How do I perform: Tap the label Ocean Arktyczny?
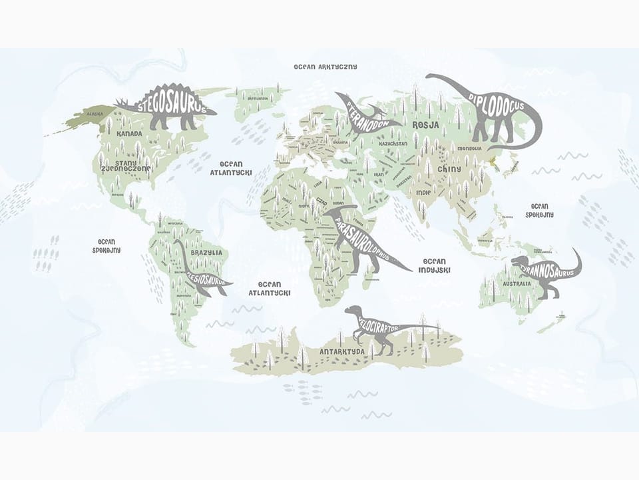click(x=325, y=67)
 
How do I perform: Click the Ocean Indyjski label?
click(x=435, y=265)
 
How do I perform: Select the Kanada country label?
click(x=129, y=134)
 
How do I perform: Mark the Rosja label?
click(x=425, y=125)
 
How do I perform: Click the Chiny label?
click(x=445, y=169)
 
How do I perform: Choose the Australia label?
click(x=517, y=283)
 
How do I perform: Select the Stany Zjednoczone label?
click(x=126, y=165)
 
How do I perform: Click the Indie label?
click(x=423, y=193)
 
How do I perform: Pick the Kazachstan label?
click(x=392, y=143)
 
